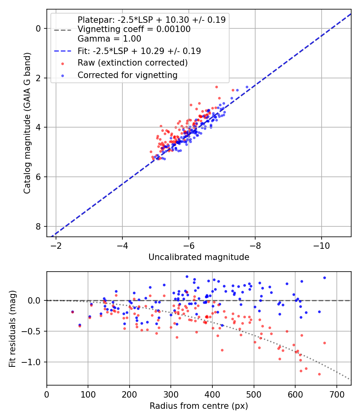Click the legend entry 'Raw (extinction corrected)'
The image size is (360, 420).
pos(132,63)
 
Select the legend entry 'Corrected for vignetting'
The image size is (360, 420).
pos(128,75)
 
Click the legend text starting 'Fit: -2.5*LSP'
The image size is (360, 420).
pos(139,51)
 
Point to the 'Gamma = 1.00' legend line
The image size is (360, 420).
pos(109,39)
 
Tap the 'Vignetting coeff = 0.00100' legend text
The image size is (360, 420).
pos(134,29)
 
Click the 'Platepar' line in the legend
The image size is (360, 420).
pos(151,20)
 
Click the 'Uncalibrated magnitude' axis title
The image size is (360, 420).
pos(199,257)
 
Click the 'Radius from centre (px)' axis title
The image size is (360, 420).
pos(199,406)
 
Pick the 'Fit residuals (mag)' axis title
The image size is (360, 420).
pos(12,328)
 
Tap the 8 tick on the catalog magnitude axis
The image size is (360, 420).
pos(38,226)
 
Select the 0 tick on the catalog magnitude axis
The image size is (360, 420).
pos(38,28)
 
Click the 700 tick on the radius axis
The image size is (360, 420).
pos(336,394)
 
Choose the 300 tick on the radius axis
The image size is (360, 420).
pos(171,394)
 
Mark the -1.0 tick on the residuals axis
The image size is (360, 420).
pos(34,362)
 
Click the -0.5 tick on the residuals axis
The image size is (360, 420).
pos(34,331)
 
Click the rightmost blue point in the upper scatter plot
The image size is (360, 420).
pos(247,87)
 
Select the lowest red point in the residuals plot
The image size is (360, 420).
pos(319,374)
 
